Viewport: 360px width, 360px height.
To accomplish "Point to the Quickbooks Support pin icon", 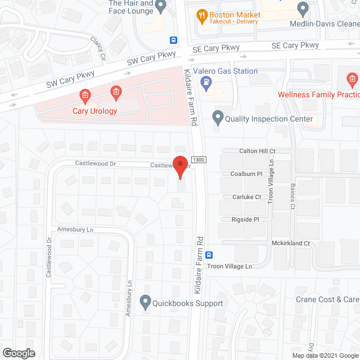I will click(x=145, y=303).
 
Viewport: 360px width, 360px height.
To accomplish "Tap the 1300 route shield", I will click(x=197, y=160).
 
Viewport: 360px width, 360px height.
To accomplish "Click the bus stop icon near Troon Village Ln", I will click(x=209, y=254).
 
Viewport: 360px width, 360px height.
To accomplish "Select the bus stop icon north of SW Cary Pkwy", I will click(x=173, y=40).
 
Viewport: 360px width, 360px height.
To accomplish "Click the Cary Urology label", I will click(x=95, y=111).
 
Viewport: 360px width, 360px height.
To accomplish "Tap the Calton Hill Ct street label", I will click(x=257, y=151).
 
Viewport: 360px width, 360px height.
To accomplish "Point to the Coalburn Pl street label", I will click(x=246, y=174).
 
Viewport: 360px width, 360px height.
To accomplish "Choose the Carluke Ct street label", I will click(x=247, y=197).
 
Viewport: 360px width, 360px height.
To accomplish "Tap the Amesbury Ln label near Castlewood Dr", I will click(x=75, y=229).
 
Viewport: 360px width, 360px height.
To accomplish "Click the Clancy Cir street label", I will click(x=98, y=49).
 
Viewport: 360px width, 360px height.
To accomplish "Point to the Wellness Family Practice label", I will click(x=318, y=94).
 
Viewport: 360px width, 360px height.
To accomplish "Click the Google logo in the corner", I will click(x=18, y=353).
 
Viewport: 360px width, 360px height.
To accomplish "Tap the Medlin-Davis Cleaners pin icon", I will click(x=303, y=9).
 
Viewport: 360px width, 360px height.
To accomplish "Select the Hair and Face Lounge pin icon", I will click(x=161, y=7).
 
